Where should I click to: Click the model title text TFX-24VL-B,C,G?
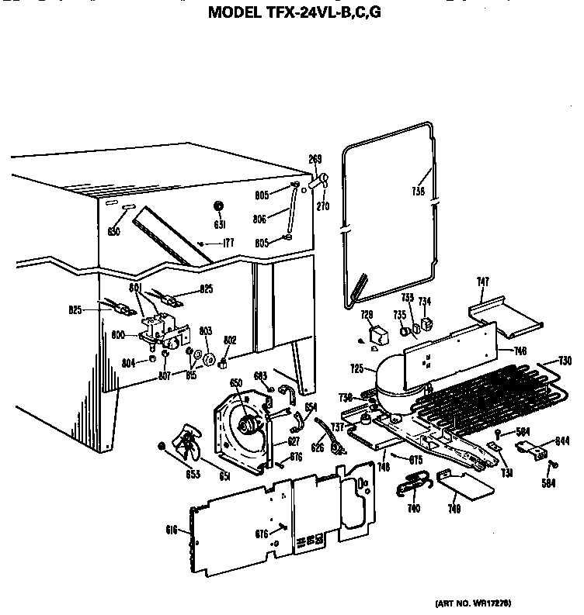click(294, 12)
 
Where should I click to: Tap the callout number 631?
click(220, 226)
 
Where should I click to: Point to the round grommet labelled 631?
click(218, 206)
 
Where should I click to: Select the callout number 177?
click(228, 243)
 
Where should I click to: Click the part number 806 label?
click(260, 219)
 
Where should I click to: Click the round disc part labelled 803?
click(208, 358)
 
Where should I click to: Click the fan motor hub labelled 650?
click(249, 423)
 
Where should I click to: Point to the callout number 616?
click(172, 530)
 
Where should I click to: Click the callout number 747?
click(482, 282)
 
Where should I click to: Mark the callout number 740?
click(413, 508)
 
